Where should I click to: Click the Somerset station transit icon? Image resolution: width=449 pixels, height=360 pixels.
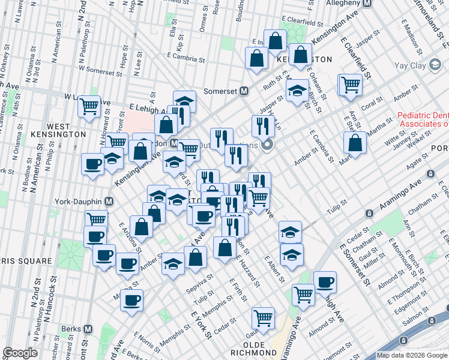coord(244,91)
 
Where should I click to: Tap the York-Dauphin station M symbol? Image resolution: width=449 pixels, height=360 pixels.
coord(109,202)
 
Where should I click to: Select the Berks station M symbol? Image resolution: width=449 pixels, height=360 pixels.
coord(88,329)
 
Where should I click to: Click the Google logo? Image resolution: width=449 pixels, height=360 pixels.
coord(20,353)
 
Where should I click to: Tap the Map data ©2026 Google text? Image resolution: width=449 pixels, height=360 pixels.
coord(412,355)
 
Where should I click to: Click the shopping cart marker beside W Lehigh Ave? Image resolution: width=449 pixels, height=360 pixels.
coord(89,106)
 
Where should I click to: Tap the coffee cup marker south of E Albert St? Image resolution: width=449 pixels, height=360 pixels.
coord(325,282)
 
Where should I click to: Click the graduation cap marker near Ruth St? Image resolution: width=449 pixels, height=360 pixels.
coord(297,92)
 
